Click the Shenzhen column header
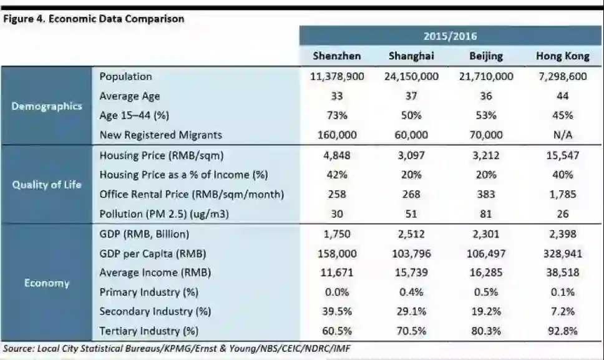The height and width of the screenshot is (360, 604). pyautogui.click(x=337, y=56)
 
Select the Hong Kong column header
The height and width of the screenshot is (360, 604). pyautogui.click(x=562, y=56)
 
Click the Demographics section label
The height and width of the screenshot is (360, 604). pyautogui.click(x=47, y=106)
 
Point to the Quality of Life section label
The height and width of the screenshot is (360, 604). pyautogui.click(x=47, y=185)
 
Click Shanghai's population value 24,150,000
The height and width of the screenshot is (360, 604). pyautogui.click(x=411, y=77)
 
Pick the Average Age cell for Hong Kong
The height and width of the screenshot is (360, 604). pyautogui.click(x=562, y=96)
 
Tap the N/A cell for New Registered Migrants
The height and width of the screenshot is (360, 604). pyautogui.click(x=562, y=135)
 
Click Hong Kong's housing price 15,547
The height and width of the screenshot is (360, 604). pyautogui.click(x=562, y=155)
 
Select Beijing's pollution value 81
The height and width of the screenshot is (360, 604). pyautogui.click(x=486, y=213)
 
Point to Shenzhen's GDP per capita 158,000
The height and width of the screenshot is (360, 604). pyautogui.click(x=337, y=253)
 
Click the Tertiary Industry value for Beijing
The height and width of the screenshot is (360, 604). pyautogui.click(x=486, y=331)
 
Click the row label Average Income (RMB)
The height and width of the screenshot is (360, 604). pyautogui.click(x=155, y=273)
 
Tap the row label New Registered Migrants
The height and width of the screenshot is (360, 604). pyautogui.click(x=160, y=135)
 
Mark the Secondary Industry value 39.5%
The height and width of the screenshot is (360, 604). pyautogui.click(x=337, y=311)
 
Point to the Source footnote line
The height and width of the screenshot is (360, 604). pyautogui.click(x=181, y=348)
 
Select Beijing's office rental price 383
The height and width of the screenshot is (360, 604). pyautogui.click(x=486, y=194)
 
